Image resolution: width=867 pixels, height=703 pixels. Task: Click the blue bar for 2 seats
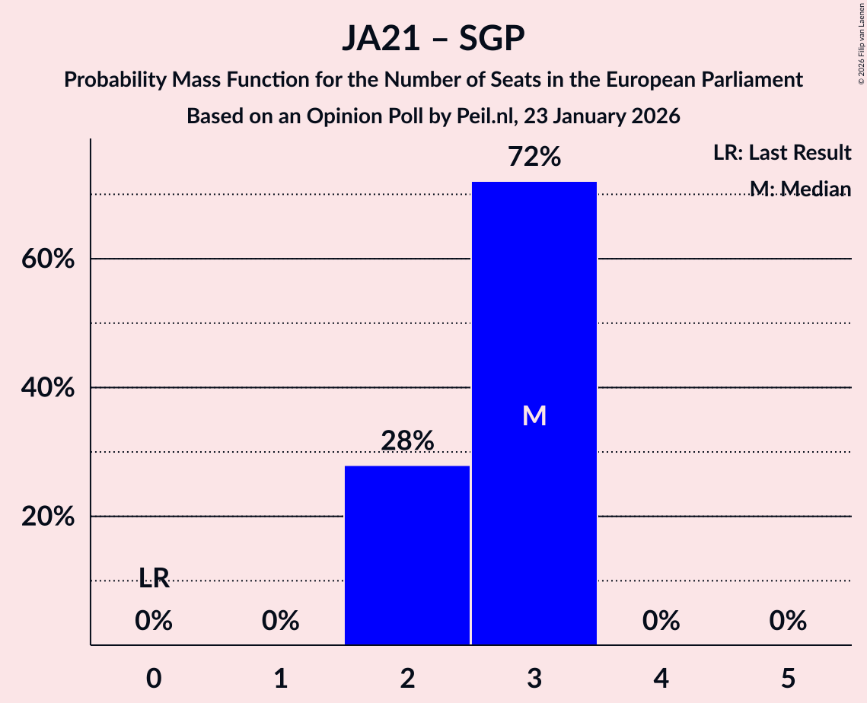pyautogui.click(x=407, y=555)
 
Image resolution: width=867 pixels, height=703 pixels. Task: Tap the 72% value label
pyautogui.click(x=534, y=157)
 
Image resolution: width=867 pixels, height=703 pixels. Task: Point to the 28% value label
pyautogui.click(x=407, y=441)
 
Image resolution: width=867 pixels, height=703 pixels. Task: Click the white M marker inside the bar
pyautogui.click(x=534, y=415)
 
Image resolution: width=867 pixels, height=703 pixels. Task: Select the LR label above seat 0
pyautogui.click(x=154, y=579)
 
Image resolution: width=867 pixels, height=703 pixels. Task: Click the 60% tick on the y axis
pyautogui.click(x=47, y=259)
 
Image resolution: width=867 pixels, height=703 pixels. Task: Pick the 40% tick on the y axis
pyautogui.click(x=47, y=388)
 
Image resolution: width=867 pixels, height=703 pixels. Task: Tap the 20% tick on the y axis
pyautogui.click(x=47, y=517)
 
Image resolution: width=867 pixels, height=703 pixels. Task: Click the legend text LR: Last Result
pyautogui.click(x=782, y=153)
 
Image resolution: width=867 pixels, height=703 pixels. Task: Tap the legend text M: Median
pyautogui.click(x=800, y=189)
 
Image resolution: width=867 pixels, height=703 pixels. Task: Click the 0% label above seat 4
pyautogui.click(x=661, y=622)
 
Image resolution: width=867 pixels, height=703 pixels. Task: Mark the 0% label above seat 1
pyautogui.click(x=280, y=622)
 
